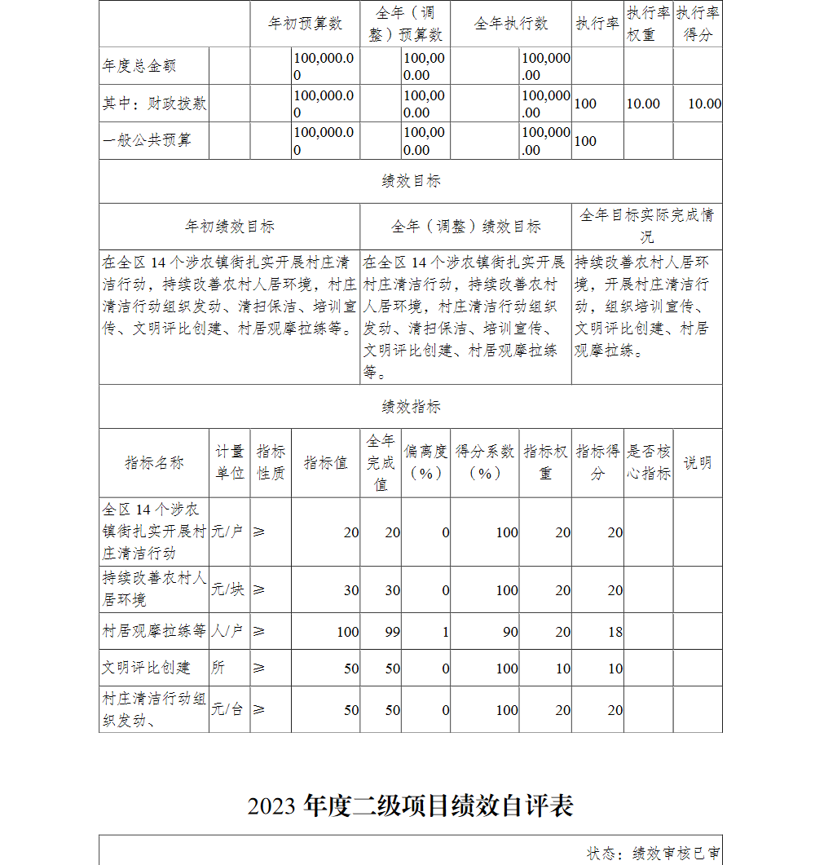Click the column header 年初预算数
click(x=305, y=24)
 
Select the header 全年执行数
click(x=511, y=24)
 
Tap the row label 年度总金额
click(x=139, y=66)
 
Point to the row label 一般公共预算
click(x=147, y=140)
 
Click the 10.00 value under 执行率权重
click(x=643, y=104)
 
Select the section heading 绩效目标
click(x=411, y=181)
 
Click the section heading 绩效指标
click(x=411, y=406)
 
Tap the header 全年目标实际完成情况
click(x=647, y=226)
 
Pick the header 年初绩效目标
click(x=230, y=226)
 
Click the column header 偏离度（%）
click(x=425, y=462)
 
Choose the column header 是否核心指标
click(x=649, y=462)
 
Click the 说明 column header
click(x=698, y=462)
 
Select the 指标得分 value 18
click(x=615, y=631)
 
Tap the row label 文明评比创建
click(x=147, y=668)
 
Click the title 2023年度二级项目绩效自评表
click(x=411, y=805)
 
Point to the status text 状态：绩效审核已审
click(x=654, y=853)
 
